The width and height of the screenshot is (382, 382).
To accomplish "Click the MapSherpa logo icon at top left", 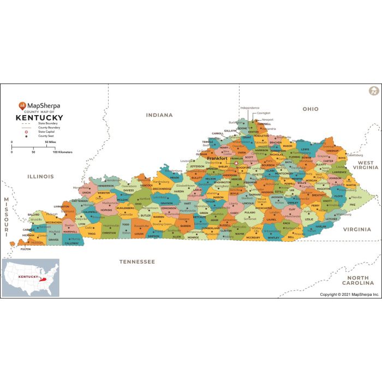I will point(22,106).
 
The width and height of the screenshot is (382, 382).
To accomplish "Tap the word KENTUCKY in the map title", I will point(39,117).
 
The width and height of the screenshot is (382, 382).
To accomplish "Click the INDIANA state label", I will point(159,115).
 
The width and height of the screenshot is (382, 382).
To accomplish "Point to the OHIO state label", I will point(311,109).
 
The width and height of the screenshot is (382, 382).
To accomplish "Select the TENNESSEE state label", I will point(137,262).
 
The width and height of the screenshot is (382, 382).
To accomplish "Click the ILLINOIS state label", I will point(41,176).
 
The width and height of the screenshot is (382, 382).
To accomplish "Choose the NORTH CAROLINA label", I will point(355,280).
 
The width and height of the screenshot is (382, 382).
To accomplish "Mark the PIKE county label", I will point(352,205).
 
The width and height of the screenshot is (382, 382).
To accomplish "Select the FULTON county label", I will point(26,249).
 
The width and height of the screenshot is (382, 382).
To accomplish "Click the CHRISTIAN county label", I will point(109,233).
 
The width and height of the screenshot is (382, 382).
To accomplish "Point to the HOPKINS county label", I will point(106,210).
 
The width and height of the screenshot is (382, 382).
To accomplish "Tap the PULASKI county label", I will point(250,213).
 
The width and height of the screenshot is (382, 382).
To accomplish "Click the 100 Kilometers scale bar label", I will point(62,152).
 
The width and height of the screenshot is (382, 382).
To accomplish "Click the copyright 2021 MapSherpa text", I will point(349,294).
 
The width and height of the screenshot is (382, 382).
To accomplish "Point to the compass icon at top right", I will point(374,91).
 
